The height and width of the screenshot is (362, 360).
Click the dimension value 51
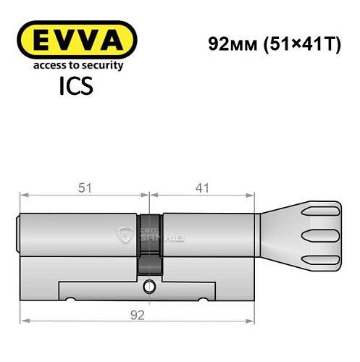85,188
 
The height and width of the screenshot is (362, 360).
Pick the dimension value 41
202,188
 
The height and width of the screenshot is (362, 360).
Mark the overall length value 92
138,313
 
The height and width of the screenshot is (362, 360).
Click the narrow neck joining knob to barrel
264,232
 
